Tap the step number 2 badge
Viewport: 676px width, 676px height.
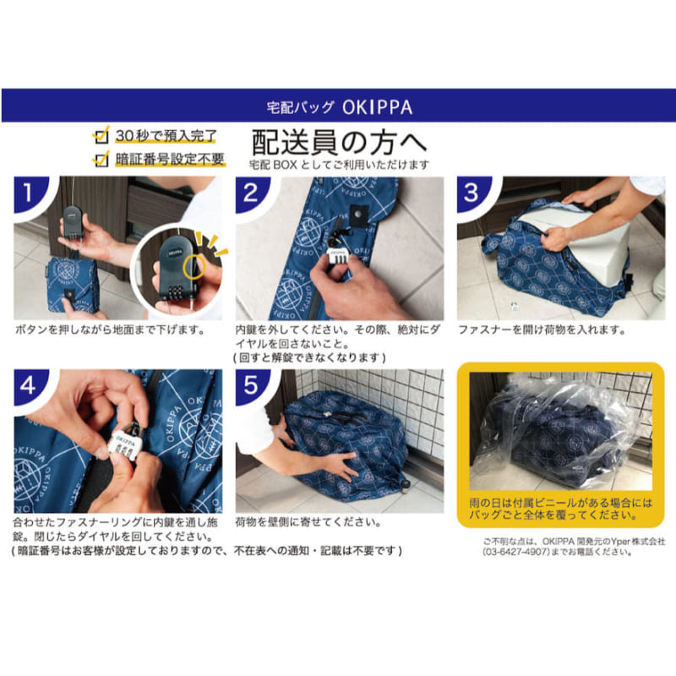point(251,193)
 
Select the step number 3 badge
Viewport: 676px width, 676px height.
point(472,193)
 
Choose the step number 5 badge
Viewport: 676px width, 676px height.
point(251,385)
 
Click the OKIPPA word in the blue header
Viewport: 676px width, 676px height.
point(377,107)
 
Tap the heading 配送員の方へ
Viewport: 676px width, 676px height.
point(339,142)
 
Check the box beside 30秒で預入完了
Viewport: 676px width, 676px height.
point(101,135)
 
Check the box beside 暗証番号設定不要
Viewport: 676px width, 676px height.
point(101,159)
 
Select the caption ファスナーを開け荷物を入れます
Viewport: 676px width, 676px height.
point(542,330)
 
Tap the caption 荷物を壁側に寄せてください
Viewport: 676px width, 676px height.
point(308,522)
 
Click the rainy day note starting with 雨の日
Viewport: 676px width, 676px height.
point(561,509)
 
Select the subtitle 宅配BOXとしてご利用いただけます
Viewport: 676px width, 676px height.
point(340,164)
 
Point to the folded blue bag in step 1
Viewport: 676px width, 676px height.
point(71,285)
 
